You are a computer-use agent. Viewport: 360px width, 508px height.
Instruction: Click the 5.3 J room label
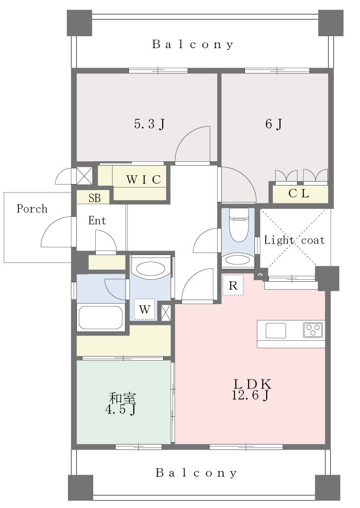(150, 124)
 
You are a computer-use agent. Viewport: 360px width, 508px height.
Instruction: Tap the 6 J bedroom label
(274, 124)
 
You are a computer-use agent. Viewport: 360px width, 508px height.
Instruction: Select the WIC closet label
(143, 180)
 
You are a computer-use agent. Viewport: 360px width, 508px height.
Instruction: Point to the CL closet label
(299, 193)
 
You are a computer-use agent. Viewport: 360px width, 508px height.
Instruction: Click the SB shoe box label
(95, 197)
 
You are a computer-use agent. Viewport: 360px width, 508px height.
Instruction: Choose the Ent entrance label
(97, 221)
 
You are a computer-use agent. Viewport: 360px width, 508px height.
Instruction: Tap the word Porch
(32, 209)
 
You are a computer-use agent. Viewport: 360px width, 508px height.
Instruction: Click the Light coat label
(294, 240)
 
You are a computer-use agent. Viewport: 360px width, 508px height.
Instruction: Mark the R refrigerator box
(233, 285)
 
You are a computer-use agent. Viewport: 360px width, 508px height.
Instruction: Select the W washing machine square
(144, 310)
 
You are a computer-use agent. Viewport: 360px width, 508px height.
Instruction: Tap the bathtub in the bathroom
(101, 317)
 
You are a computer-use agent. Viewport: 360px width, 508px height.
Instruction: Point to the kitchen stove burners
(313, 330)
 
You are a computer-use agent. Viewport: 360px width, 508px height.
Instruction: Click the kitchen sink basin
(276, 330)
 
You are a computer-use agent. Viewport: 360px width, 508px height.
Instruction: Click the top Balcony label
(193, 44)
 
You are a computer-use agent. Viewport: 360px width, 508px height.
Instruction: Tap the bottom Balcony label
(196, 473)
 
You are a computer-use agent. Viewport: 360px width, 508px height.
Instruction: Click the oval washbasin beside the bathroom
(151, 268)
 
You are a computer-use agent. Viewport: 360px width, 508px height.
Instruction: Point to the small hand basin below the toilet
(238, 260)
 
